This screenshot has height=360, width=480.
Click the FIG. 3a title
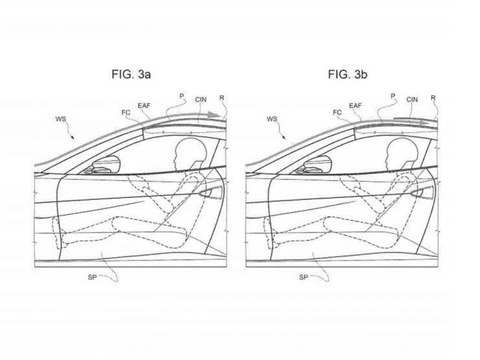[131, 74]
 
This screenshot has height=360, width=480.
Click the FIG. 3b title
[347, 74]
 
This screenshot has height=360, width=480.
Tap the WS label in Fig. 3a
[61, 119]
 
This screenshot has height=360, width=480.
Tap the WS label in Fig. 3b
[272, 119]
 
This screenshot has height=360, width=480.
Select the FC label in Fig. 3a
[126, 113]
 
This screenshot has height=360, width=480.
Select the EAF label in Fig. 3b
[355, 106]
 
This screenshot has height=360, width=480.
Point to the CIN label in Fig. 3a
[201, 100]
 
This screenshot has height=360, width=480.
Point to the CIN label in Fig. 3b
[412, 100]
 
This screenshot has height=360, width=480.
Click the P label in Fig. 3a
[181, 96]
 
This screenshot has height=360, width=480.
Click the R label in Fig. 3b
[433, 98]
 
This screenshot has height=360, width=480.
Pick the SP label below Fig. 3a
[92, 277]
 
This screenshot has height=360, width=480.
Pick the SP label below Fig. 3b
[303, 277]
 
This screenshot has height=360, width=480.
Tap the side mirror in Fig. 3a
[105, 164]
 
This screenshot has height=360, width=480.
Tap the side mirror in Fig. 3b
[316, 164]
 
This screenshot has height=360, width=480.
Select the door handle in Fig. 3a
[210, 193]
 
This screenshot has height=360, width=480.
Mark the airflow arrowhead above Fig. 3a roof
[213, 115]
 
